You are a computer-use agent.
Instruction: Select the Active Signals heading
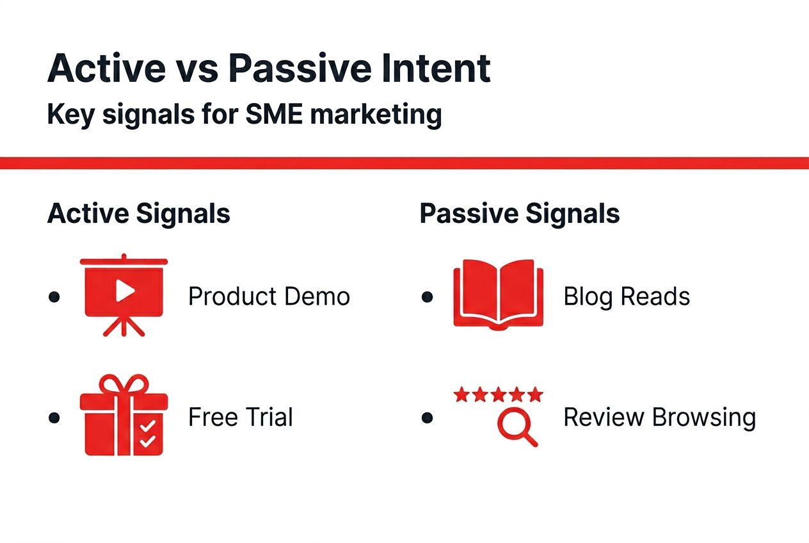(138, 213)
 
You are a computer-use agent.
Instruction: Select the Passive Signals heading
(519, 213)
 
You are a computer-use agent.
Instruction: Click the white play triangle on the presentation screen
(125, 292)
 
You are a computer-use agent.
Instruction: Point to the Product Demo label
(269, 296)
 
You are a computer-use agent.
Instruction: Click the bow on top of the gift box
(124, 385)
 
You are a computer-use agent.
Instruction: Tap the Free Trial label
(240, 417)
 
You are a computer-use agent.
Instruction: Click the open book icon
(498, 295)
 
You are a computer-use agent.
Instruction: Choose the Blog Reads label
(626, 296)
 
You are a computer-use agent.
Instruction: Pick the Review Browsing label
(659, 417)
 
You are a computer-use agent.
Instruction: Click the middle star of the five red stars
(498, 394)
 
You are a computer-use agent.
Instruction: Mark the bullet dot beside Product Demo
(54, 297)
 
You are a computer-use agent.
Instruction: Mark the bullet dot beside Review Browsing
(428, 418)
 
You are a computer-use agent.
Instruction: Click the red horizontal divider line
(404, 163)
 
